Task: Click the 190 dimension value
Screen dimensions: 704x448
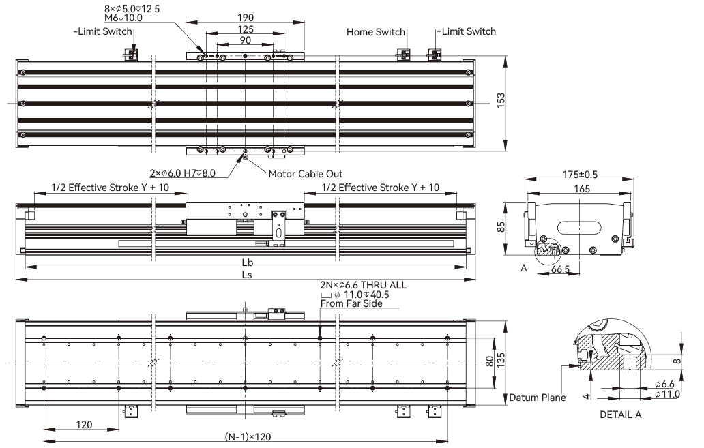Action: (x=246, y=18)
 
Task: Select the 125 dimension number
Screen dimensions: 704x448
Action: (x=246, y=29)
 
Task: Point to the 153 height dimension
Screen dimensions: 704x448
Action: (x=501, y=100)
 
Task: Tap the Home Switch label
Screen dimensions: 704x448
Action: (x=376, y=32)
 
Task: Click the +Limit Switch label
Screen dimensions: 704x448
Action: (x=467, y=31)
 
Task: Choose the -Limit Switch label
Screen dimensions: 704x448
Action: (x=103, y=31)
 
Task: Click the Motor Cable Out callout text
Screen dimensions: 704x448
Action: (x=306, y=174)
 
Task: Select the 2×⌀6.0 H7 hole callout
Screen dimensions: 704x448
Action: (x=182, y=173)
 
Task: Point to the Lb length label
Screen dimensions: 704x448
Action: (x=248, y=263)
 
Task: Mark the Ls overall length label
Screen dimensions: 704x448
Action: (x=247, y=275)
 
